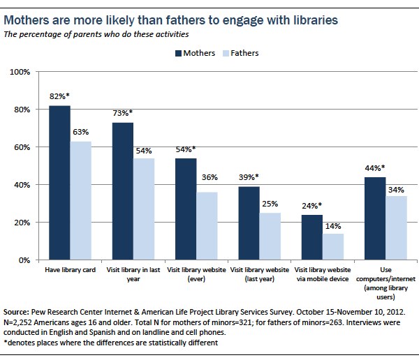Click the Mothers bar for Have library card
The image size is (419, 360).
pyautogui.click(x=59, y=183)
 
